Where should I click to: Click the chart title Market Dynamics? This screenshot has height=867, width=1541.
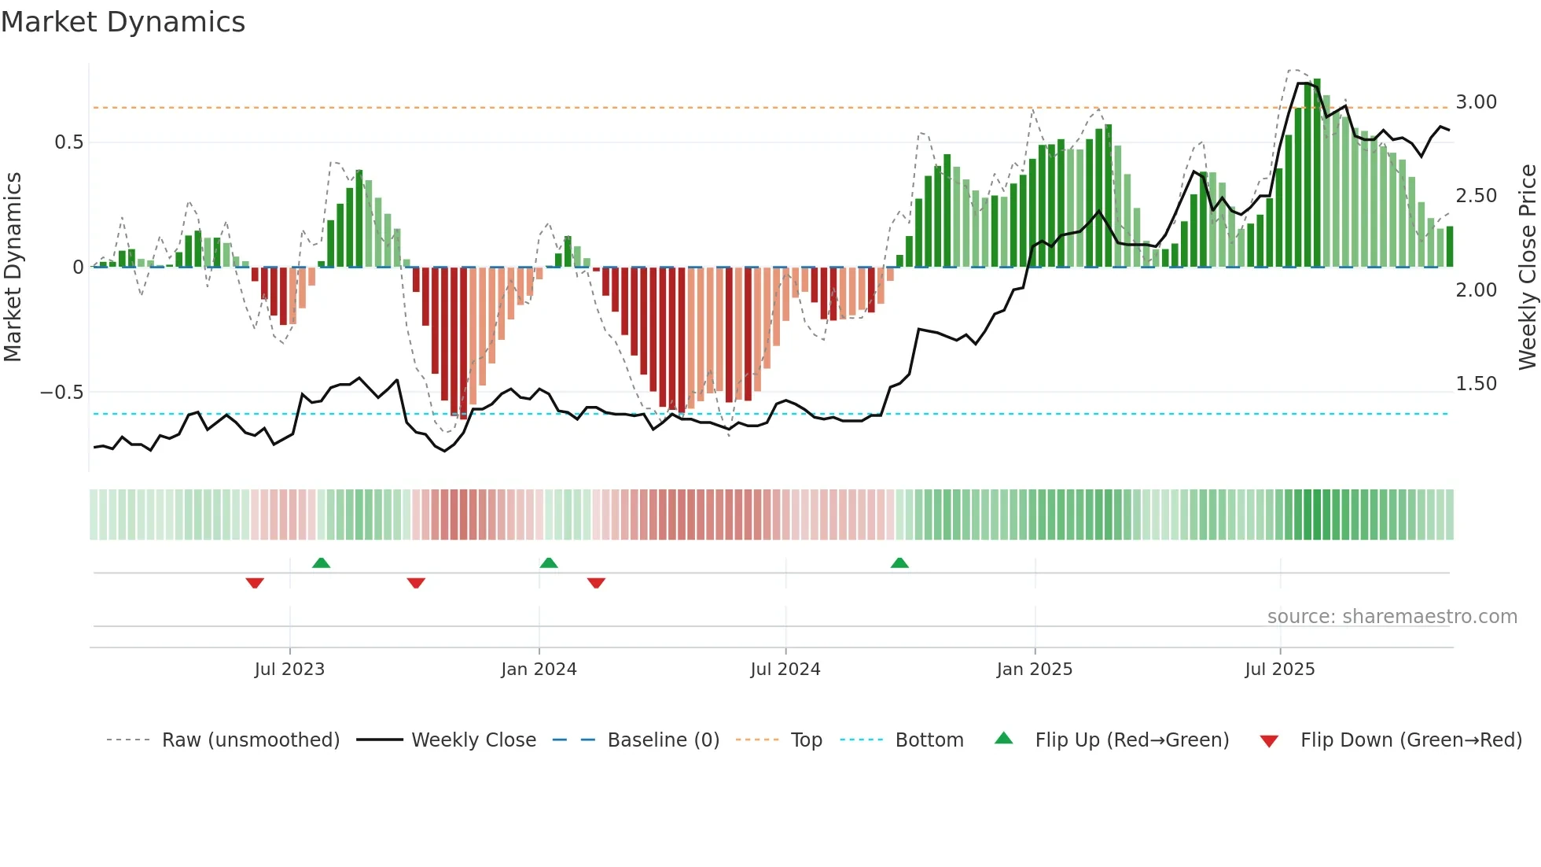123,22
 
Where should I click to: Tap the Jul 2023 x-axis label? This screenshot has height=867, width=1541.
289,670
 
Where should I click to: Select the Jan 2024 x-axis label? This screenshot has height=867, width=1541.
539,670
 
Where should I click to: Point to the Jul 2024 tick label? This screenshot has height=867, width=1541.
785,670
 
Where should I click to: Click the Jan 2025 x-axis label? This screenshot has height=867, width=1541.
1034,670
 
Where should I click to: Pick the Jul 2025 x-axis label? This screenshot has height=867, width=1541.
1279,670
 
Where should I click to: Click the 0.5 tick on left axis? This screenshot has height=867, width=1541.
68,142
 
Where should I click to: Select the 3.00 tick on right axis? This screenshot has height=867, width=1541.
1476,102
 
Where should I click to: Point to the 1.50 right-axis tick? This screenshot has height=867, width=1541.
1476,384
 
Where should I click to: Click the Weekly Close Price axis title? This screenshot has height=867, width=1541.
1527,267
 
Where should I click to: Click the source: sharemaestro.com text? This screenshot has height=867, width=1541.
1392,617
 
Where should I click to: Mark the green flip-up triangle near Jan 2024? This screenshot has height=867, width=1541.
549,563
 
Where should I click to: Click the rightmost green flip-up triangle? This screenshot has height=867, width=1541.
899,563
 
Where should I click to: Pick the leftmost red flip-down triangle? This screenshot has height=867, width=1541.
255,583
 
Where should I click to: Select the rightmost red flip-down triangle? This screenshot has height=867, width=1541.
596,583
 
